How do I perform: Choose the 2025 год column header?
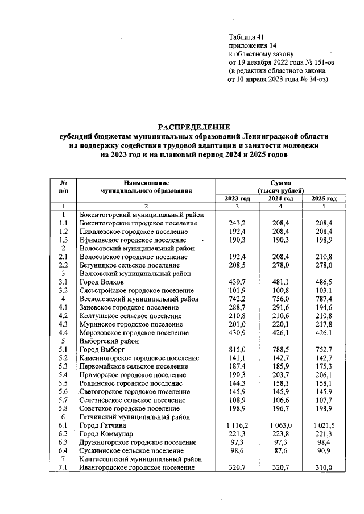click(324, 198)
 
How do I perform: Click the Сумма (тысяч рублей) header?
click(281, 187)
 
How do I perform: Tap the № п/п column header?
click(64, 187)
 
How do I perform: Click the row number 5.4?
click(64, 375)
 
